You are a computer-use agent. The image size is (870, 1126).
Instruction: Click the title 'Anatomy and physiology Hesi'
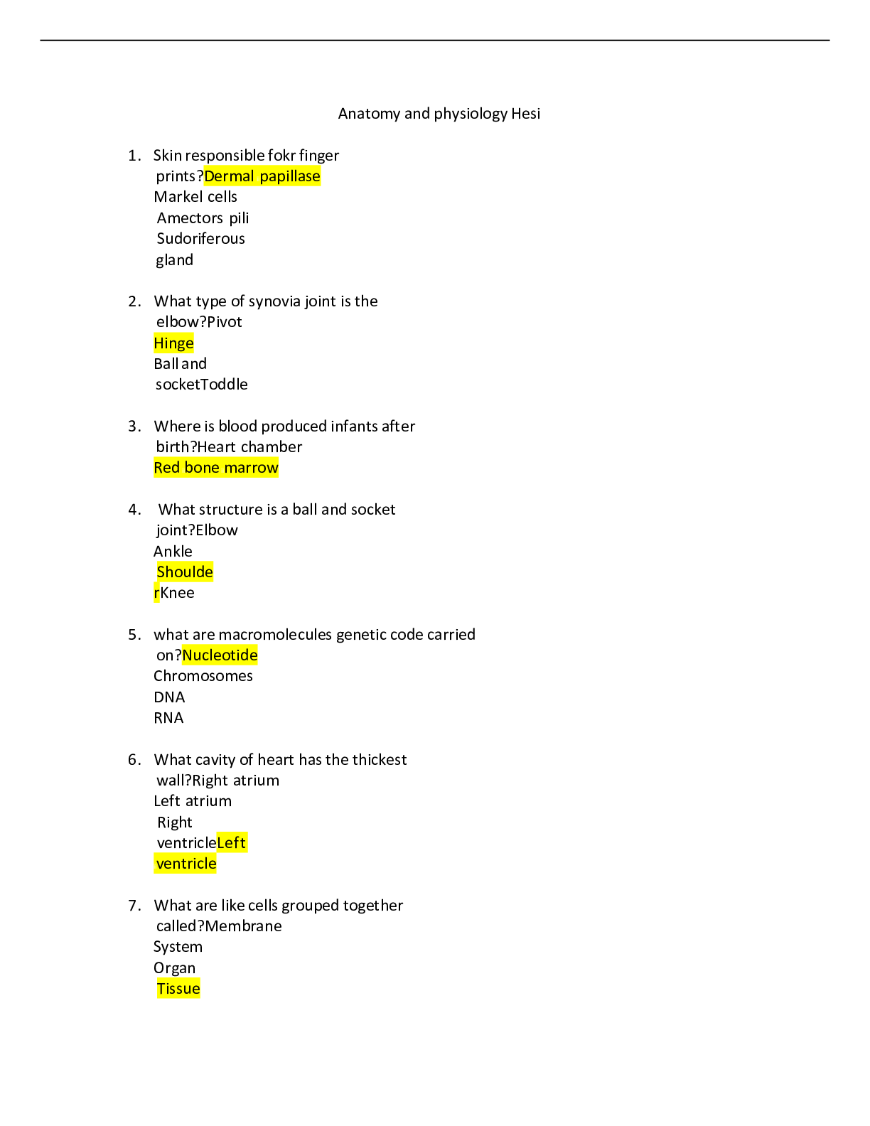pyautogui.click(x=439, y=114)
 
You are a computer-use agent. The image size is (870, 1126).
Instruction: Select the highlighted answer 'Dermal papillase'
pyautogui.click(x=262, y=176)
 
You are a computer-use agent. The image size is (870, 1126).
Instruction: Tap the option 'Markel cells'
pyautogui.click(x=195, y=197)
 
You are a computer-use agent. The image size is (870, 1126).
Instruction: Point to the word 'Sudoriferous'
pyautogui.click(x=200, y=238)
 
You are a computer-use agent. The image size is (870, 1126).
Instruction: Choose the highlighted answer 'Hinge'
pyautogui.click(x=173, y=343)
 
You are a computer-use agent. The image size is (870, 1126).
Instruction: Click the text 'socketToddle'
pyautogui.click(x=202, y=385)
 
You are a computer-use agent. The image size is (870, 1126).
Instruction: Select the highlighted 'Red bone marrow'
pyautogui.click(x=216, y=468)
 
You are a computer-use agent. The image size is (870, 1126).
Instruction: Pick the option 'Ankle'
pyautogui.click(x=173, y=551)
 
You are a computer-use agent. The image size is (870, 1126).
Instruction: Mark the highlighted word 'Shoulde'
pyautogui.click(x=185, y=572)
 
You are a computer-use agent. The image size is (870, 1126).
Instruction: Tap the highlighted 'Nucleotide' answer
pyautogui.click(x=220, y=655)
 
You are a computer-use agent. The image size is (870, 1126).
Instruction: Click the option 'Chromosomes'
pyautogui.click(x=203, y=676)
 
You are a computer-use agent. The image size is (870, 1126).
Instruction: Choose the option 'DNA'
pyautogui.click(x=169, y=697)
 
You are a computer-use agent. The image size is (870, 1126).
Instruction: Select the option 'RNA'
pyautogui.click(x=169, y=718)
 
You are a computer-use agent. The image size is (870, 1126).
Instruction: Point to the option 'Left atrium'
pyautogui.click(x=193, y=801)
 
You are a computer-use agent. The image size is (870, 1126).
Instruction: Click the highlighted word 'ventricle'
pyautogui.click(x=186, y=864)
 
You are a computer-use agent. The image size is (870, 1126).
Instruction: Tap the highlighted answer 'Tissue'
pyautogui.click(x=178, y=989)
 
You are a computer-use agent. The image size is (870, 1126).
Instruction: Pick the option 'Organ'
pyautogui.click(x=175, y=968)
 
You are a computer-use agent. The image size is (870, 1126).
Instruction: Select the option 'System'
pyautogui.click(x=178, y=947)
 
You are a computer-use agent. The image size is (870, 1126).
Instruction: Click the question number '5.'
pyautogui.click(x=135, y=635)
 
